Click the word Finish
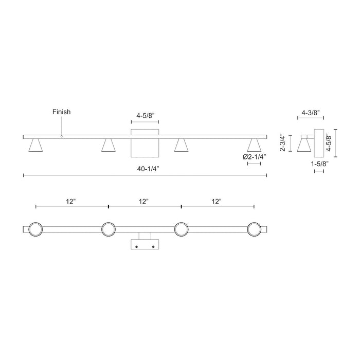point(62,112)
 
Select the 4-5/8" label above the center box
point(145,116)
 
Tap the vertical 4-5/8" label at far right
point(341,143)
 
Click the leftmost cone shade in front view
point(35,146)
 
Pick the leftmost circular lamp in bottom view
point(35,229)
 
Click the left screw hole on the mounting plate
point(137,247)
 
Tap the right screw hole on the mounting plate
point(153,247)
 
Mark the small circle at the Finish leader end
point(62,136)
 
